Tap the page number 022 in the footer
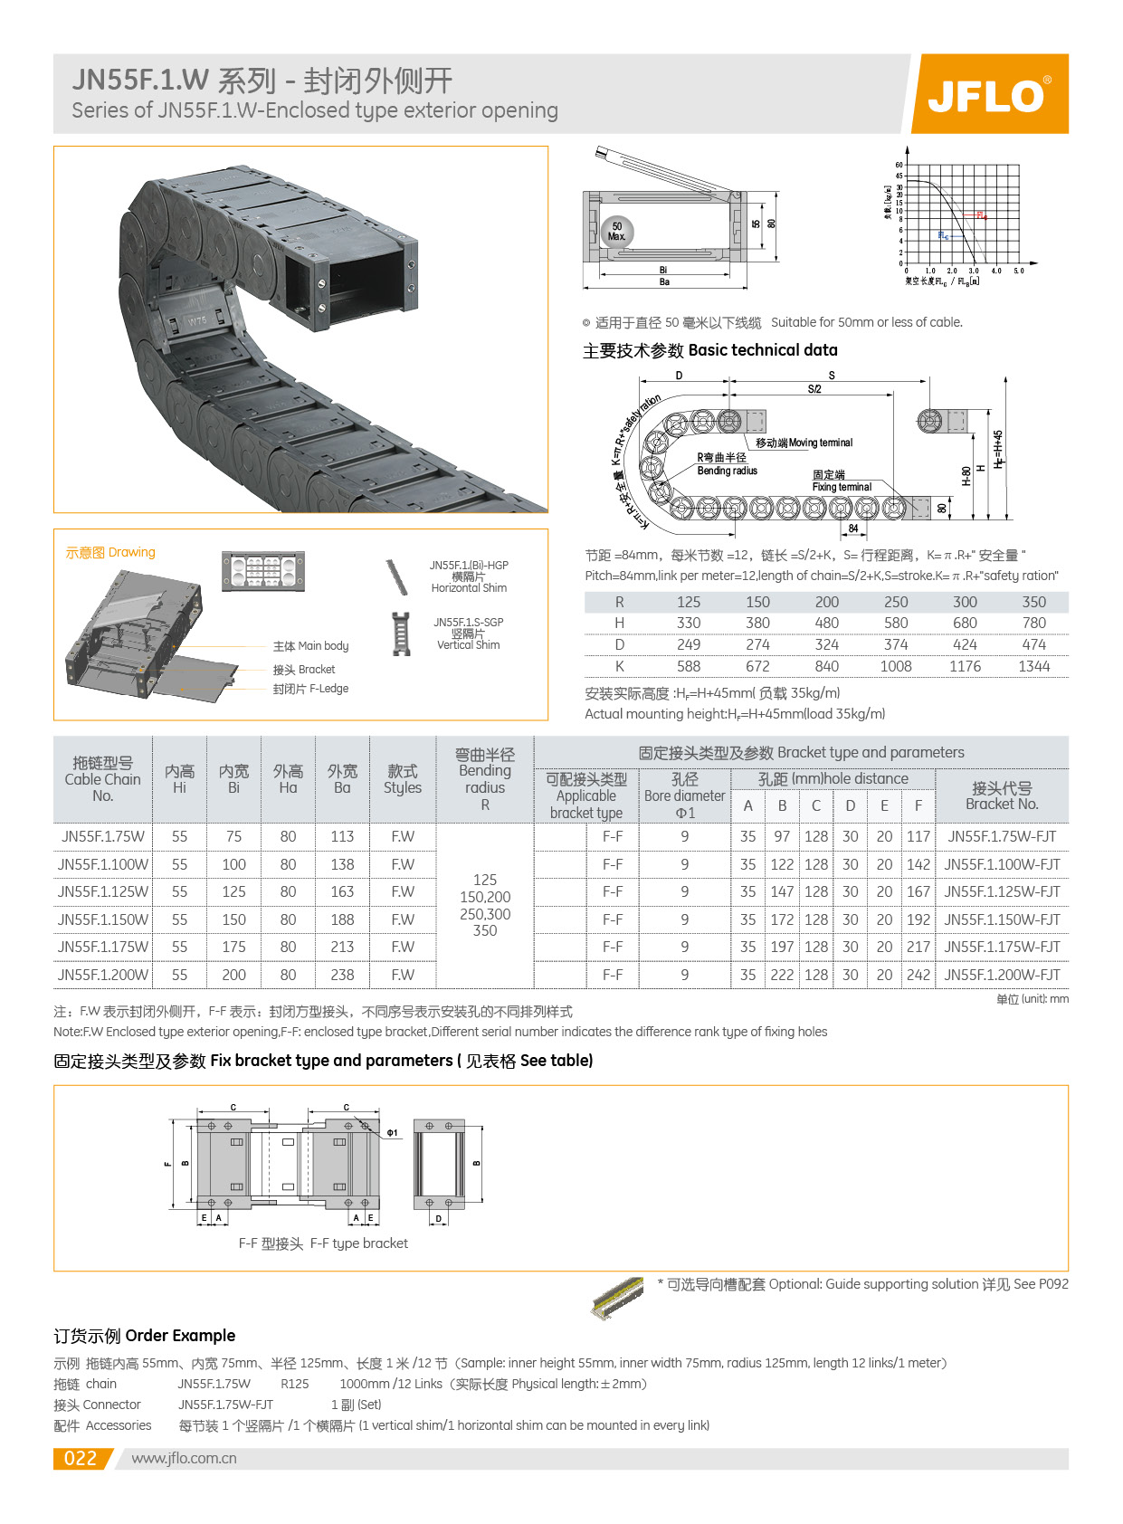point(81,1458)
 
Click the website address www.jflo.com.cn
point(184,1458)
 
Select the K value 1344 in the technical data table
point(1033,666)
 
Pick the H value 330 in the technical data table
point(689,623)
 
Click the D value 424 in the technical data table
point(965,644)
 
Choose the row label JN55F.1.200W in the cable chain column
point(102,975)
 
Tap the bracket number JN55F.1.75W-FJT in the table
point(1002,836)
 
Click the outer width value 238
point(342,975)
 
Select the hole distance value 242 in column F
point(918,975)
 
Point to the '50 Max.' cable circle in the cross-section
point(617,232)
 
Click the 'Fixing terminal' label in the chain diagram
point(842,487)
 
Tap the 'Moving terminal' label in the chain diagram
point(804,443)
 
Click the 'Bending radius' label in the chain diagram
point(727,471)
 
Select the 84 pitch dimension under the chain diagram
point(853,529)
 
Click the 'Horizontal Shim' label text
point(469,588)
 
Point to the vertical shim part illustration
point(401,633)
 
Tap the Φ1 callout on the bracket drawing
point(393,1132)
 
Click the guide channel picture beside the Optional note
point(617,1298)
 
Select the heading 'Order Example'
point(144,1335)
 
